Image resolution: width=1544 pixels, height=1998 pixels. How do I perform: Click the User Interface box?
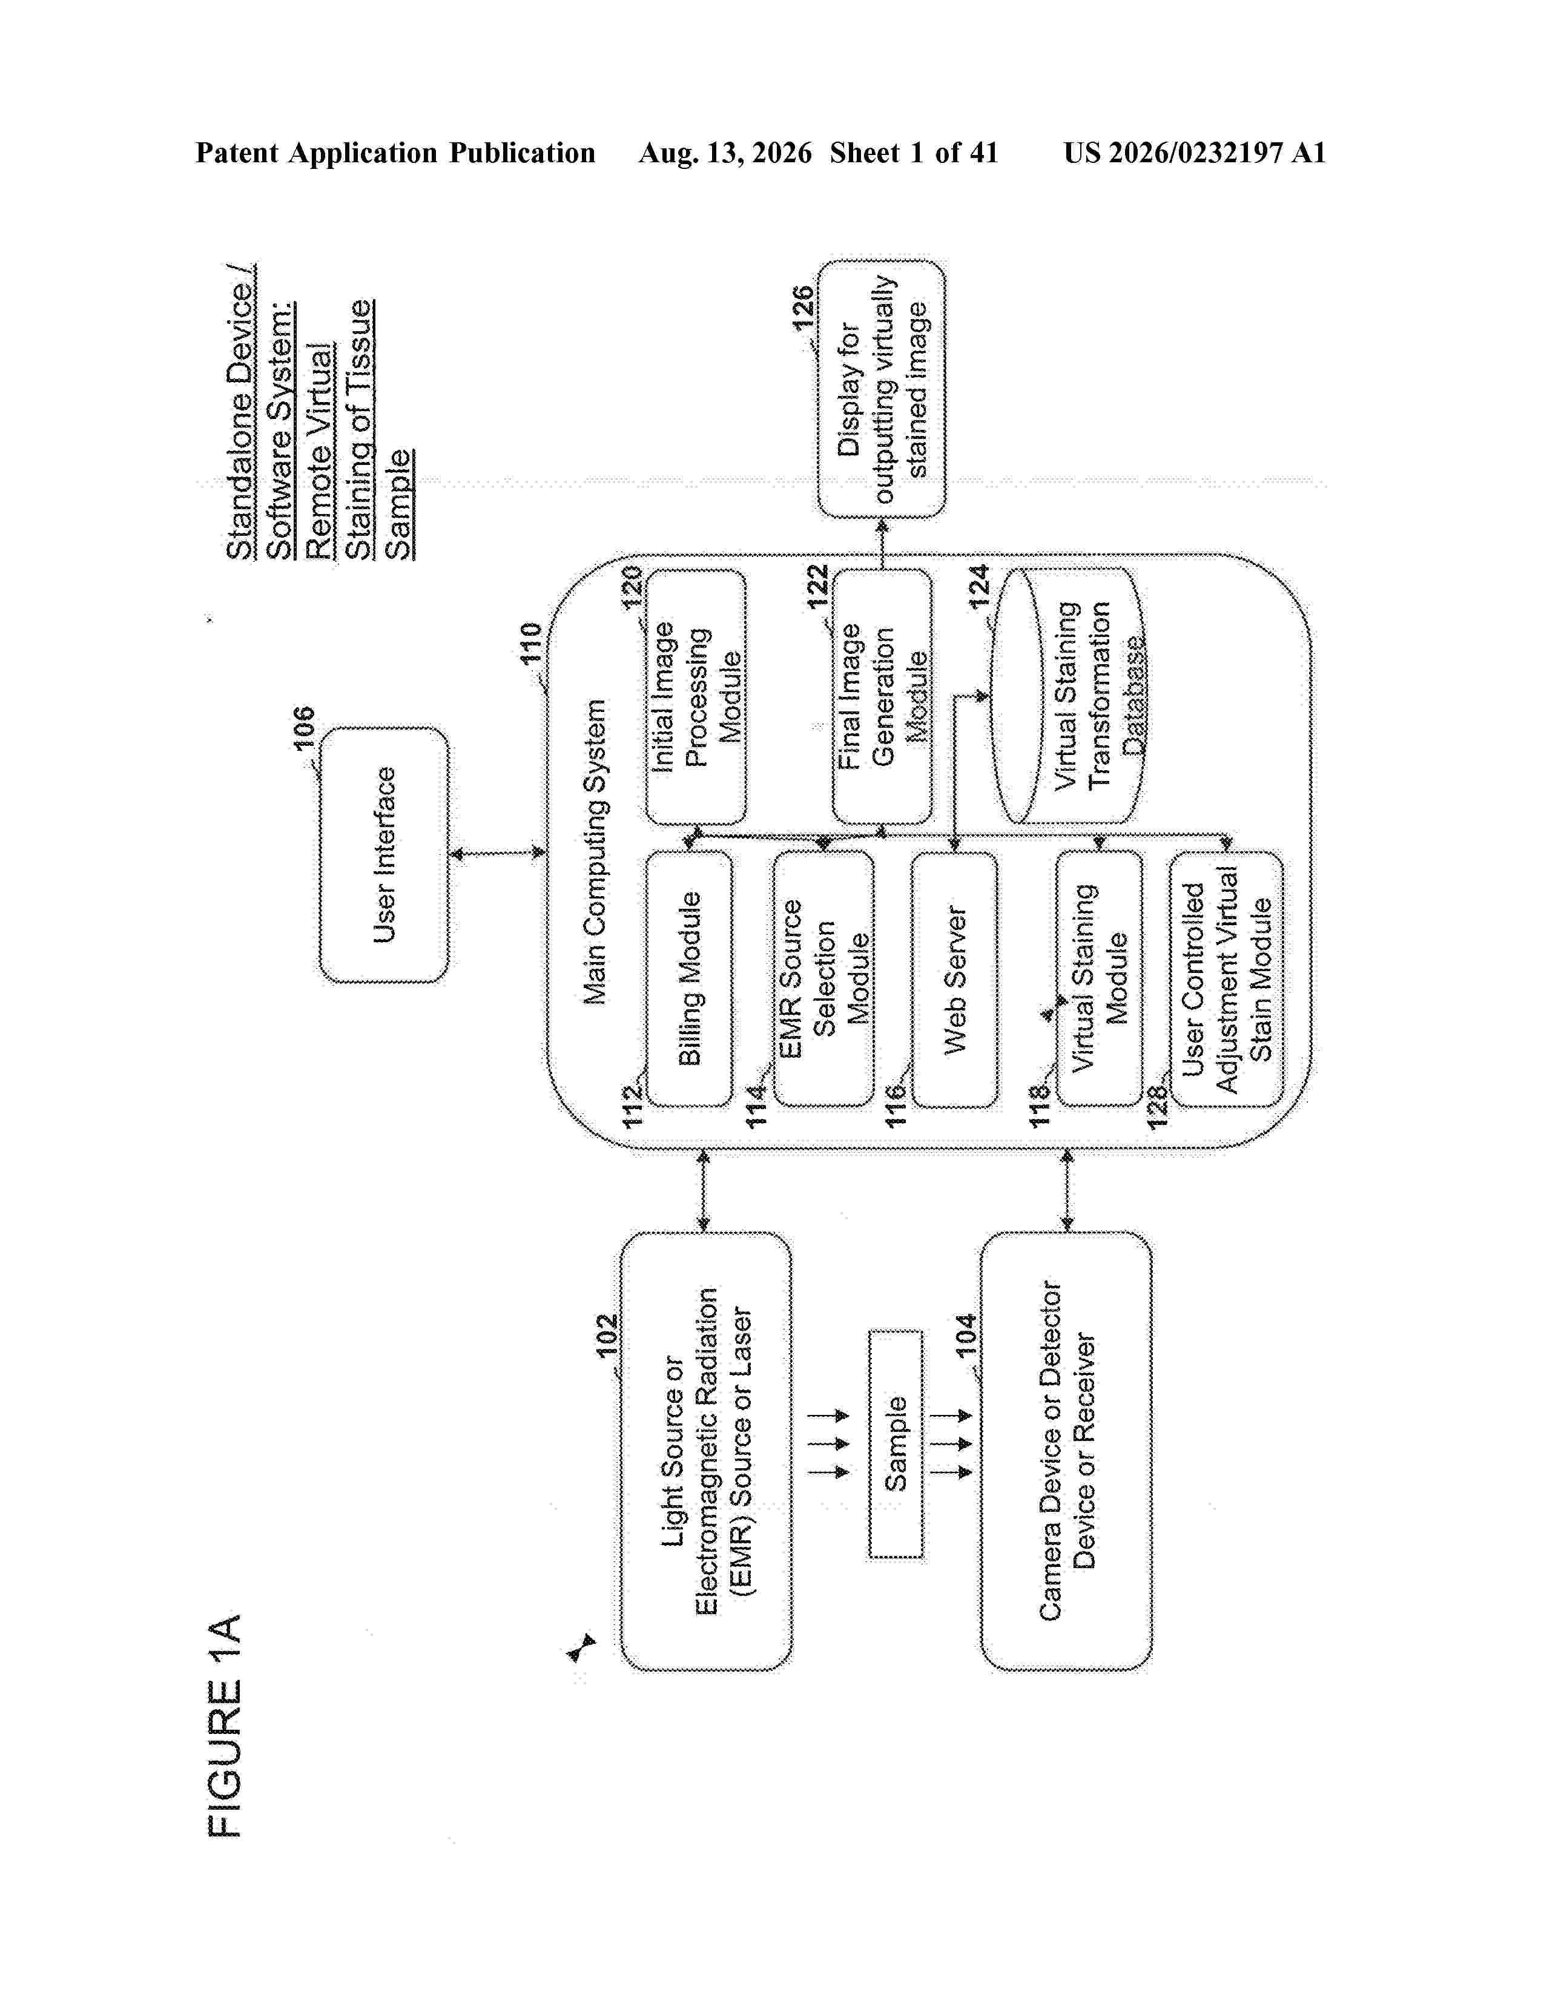tap(384, 854)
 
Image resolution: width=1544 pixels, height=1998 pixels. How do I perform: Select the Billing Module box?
tap(690, 979)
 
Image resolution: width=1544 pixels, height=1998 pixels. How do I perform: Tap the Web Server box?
tap(955, 980)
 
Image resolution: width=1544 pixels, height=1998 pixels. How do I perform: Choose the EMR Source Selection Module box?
tap(823, 979)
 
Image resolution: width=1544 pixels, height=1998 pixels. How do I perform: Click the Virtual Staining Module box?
tap(1100, 979)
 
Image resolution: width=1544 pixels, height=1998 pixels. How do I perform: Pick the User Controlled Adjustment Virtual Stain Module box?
tap(1227, 979)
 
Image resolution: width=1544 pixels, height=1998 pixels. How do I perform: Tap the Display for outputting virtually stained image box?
tap(882, 389)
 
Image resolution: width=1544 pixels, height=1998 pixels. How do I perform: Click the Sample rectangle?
tap(896, 1443)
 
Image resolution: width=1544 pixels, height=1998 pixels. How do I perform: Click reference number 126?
tap(802, 309)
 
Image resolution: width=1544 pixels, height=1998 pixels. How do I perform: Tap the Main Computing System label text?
tap(595, 852)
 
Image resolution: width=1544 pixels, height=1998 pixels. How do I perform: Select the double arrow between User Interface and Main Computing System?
tap(498, 854)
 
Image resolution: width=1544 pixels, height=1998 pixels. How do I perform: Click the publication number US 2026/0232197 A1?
tap(1195, 153)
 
